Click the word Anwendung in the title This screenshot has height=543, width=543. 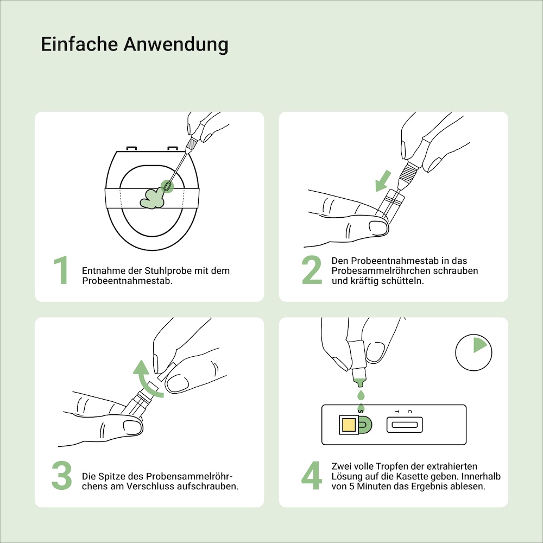click(176, 45)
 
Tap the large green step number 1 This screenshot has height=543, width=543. click(61, 270)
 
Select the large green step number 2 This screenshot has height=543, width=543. click(312, 270)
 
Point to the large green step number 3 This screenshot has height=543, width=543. click(62, 476)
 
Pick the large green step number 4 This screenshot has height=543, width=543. click(312, 476)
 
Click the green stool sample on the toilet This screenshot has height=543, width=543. click(151, 199)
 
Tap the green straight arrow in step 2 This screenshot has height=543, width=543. click(383, 181)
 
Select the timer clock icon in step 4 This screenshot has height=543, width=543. click(473, 352)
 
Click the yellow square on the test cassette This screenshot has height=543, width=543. click(349, 425)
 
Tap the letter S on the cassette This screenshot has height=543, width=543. click(361, 412)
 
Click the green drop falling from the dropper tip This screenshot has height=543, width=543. click(361, 394)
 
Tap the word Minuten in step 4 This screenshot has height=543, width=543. click(374, 486)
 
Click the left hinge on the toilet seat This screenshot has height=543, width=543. click(131, 149)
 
